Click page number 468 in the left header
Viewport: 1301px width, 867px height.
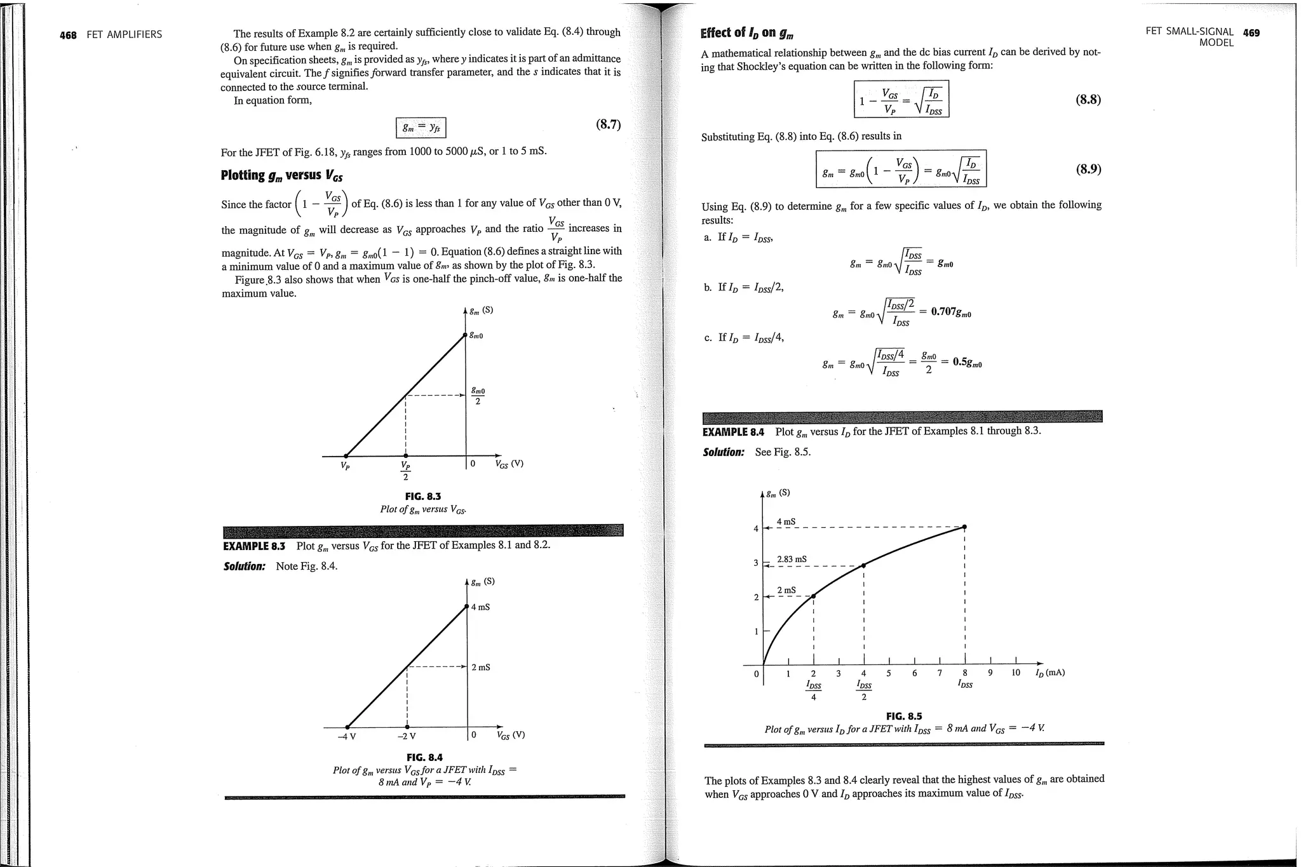point(68,35)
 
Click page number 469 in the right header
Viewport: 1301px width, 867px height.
point(1251,32)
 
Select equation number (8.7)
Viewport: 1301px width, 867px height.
point(607,124)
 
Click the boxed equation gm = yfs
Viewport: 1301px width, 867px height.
point(421,128)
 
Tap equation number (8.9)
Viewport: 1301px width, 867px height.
point(1088,169)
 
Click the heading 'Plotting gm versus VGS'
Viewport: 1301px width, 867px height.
point(281,175)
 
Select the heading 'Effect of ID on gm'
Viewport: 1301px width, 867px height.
point(746,33)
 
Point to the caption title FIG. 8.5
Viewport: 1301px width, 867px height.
point(903,716)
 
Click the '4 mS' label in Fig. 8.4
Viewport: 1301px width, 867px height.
point(480,607)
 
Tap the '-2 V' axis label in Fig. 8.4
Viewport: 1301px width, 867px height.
point(407,737)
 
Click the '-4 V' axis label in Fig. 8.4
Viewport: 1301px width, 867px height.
point(347,737)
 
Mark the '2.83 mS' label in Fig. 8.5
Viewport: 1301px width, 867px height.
point(792,560)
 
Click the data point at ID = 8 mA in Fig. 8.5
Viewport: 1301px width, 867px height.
point(964,527)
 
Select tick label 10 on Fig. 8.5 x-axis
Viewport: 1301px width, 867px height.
point(1015,673)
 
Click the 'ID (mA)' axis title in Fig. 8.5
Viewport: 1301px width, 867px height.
point(1049,673)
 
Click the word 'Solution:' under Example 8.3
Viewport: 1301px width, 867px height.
point(244,567)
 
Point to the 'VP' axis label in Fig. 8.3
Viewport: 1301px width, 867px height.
point(344,466)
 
